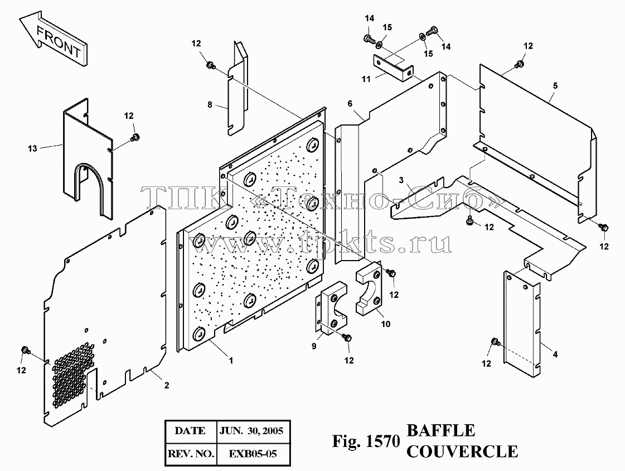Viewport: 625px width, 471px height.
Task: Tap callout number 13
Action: click(32, 149)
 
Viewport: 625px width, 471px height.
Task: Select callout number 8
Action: click(210, 104)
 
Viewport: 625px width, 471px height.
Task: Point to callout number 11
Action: click(366, 79)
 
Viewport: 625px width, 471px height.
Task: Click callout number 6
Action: click(350, 104)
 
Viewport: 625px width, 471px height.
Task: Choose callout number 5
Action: click(555, 86)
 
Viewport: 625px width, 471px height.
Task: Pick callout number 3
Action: click(401, 180)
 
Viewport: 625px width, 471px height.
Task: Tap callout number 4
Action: click(555, 354)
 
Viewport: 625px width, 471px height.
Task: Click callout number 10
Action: click(385, 324)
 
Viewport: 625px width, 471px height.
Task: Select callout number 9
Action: click(314, 346)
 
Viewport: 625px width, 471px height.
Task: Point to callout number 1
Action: click(231, 361)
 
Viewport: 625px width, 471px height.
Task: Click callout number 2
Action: click(167, 385)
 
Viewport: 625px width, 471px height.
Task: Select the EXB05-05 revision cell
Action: click(253, 454)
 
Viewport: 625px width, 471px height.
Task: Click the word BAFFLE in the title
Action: click(441, 431)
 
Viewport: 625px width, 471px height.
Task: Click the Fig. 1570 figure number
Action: click(366, 441)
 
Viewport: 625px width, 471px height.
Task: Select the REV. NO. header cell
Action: click(191, 454)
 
